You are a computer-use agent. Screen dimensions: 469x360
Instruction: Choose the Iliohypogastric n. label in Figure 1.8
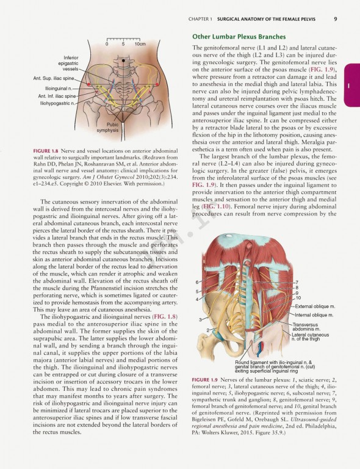tap(57, 103)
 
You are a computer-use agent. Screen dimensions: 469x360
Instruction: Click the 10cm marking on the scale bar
tap(140, 44)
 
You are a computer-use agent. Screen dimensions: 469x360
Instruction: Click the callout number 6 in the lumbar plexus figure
tap(197, 282)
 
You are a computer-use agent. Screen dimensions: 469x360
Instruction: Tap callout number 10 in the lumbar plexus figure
tap(298, 297)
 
